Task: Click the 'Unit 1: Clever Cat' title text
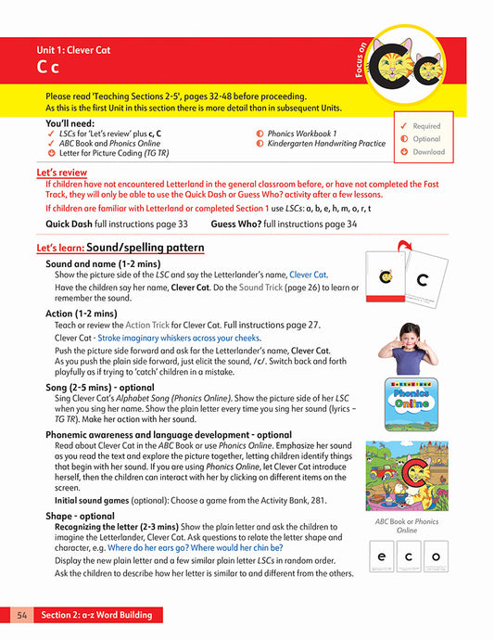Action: coord(73,50)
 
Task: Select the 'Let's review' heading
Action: coord(61,173)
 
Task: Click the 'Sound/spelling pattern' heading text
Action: coord(146,249)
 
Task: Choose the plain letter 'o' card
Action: coord(435,557)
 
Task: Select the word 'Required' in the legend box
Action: coord(426,126)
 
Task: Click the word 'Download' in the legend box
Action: coord(428,152)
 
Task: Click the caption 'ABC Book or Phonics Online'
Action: coord(407,526)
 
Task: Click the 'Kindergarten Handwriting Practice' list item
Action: coord(326,144)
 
